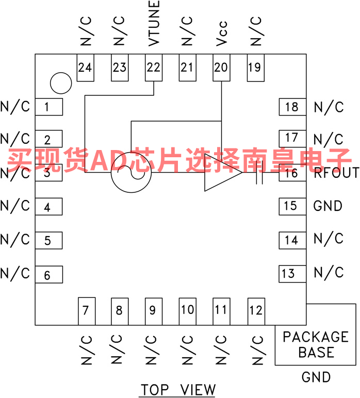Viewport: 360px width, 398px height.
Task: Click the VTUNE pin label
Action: click(154, 23)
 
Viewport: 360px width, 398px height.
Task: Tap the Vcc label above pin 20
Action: click(221, 34)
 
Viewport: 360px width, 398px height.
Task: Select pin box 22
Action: click(154, 68)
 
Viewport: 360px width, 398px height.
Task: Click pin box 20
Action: click(221, 68)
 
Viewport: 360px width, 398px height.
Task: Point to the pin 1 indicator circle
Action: click(61, 83)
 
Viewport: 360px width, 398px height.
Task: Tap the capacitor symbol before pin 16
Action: click(259, 172)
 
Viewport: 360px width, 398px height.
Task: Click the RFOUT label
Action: click(336, 173)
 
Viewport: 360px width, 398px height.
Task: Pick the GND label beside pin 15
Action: click(328, 206)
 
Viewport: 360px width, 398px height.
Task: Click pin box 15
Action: click(292, 207)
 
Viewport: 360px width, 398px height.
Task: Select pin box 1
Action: click(49, 107)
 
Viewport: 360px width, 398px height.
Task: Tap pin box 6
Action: click(49, 275)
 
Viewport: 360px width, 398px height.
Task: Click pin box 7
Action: click(87, 311)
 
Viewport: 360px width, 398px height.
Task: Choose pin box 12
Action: click(256, 311)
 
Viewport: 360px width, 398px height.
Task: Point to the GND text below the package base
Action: click(316, 377)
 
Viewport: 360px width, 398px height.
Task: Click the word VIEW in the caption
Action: click(198, 389)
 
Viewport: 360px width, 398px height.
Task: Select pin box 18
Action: click(292, 107)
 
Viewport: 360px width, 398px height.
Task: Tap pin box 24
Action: click(85, 68)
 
